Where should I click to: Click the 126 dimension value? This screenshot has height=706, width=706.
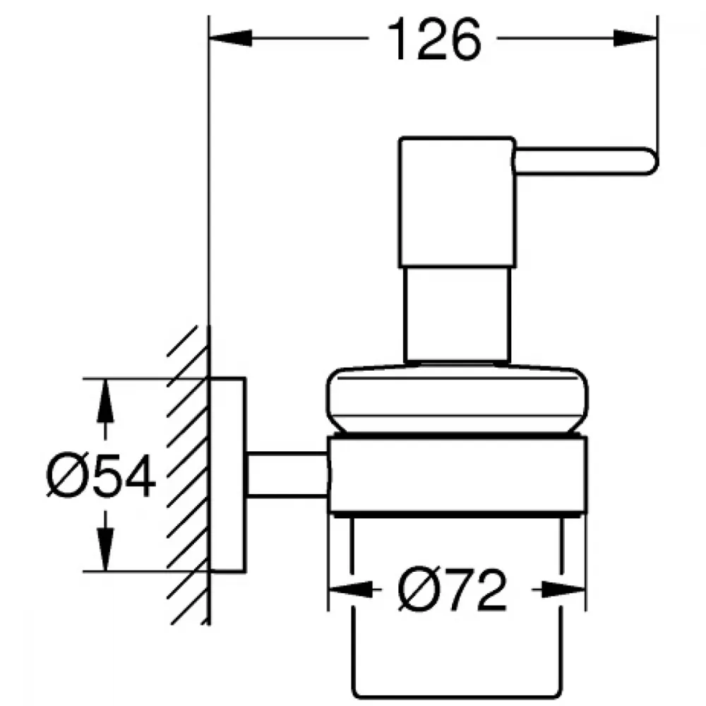[x=434, y=40]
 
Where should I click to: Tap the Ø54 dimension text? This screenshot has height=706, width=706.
[x=101, y=474]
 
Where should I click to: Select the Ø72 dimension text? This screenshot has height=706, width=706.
[x=452, y=590]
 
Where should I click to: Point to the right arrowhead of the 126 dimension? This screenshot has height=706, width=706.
[x=635, y=38]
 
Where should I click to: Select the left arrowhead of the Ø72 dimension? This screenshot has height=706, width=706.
[x=351, y=589]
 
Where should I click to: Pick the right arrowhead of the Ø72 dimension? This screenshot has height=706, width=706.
[x=563, y=589]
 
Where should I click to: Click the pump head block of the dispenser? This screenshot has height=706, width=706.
[x=457, y=202]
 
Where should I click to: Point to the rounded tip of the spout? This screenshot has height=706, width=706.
[x=654, y=161]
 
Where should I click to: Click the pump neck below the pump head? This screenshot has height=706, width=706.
[x=458, y=314]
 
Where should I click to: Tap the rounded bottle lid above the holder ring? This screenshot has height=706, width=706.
[x=457, y=398]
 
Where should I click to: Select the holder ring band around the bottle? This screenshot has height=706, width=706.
[x=457, y=475]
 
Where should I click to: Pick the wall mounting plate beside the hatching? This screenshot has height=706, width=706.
[x=227, y=475]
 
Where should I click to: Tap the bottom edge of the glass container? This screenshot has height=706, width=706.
[x=457, y=698]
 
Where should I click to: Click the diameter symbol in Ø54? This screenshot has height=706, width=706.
[x=65, y=474]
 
